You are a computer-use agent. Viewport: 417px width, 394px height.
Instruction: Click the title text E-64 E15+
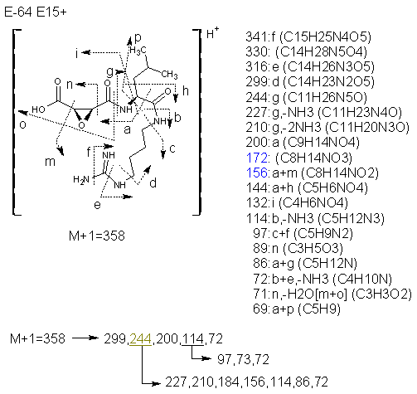[x=36, y=12]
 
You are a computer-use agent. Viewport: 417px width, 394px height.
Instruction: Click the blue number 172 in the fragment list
[x=257, y=158]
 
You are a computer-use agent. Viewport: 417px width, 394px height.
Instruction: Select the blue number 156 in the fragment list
[x=257, y=173]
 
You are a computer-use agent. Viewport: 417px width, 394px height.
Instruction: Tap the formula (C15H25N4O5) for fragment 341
[x=325, y=37]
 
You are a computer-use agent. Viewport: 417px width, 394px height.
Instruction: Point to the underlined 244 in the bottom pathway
[x=140, y=338]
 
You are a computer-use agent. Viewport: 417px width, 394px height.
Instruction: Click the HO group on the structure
[x=38, y=109]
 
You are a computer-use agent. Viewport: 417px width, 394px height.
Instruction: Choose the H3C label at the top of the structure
[x=138, y=50]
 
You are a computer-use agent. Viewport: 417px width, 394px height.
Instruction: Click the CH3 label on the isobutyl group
[x=169, y=74]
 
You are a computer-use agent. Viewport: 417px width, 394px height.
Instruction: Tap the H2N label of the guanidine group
[x=81, y=180]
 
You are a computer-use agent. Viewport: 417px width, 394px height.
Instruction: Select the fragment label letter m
[x=50, y=162]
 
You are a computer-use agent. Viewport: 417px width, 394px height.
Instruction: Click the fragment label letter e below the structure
[x=97, y=205]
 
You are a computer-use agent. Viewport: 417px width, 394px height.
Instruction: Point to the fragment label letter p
[x=138, y=38]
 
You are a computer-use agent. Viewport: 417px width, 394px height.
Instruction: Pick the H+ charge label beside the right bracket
[x=212, y=33]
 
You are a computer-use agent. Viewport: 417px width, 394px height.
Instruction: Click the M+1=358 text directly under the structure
[x=97, y=236]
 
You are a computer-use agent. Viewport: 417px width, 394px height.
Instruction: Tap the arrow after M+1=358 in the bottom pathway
[x=85, y=338]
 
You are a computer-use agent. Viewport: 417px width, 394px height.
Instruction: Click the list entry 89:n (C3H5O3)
[x=298, y=248]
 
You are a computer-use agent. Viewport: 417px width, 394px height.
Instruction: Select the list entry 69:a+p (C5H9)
[x=297, y=309]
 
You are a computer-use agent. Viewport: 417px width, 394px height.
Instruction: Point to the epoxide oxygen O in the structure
[x=81, y=125]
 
